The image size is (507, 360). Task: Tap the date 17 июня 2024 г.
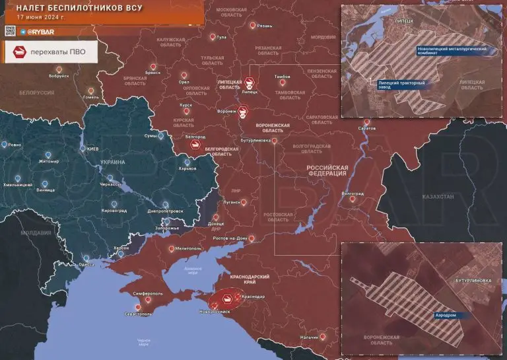click(41, 18)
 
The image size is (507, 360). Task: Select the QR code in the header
click(9, 31)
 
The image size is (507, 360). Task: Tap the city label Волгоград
click(352, 194)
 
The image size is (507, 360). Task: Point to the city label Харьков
click(187, 168)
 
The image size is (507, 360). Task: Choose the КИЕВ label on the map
click(92, 149)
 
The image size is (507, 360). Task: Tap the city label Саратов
click(367, 127)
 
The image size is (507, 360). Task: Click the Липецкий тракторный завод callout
click(401, 85)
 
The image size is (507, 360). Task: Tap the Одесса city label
click(86, 264)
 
